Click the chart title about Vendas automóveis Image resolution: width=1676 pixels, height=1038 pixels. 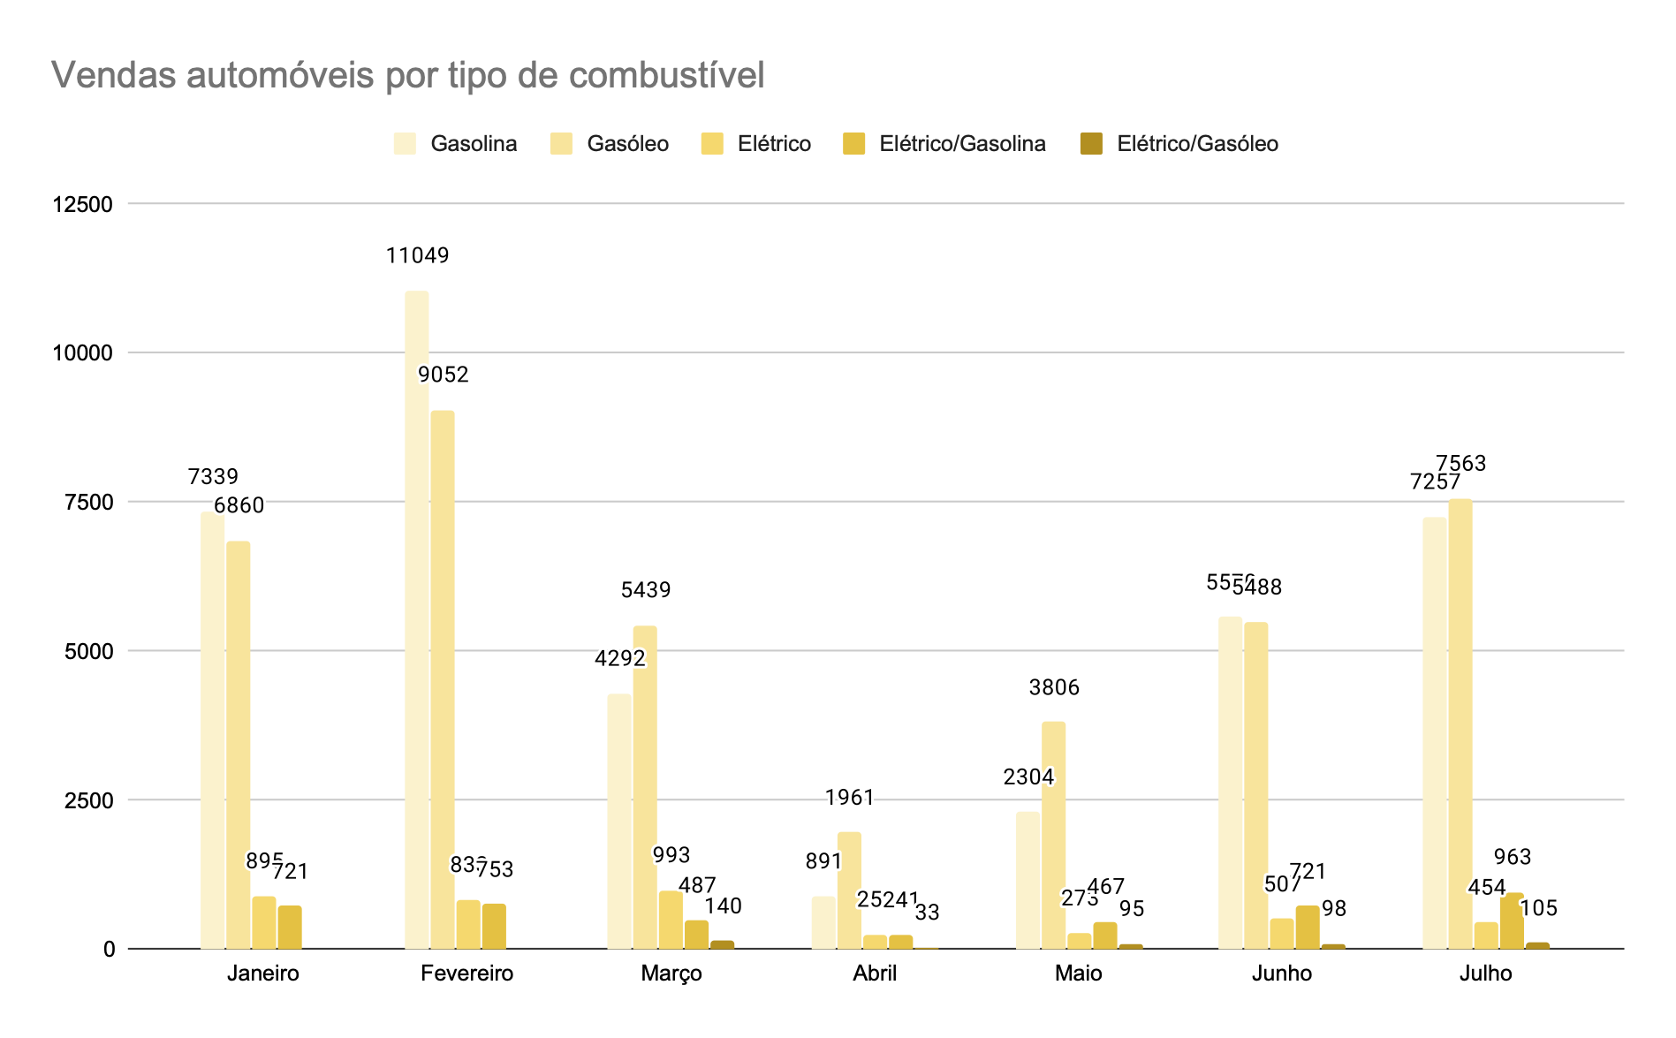coord(407,76)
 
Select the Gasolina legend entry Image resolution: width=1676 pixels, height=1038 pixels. coord(456,144)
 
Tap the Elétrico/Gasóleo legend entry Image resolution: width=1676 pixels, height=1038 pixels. coord(1179,144)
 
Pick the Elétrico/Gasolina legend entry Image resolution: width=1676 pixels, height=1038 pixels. coord(944,144)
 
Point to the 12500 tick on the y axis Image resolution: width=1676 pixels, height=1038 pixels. coord(83,204)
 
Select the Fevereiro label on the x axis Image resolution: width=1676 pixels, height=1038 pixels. coord(466,974)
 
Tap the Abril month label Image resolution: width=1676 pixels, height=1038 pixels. coord(875,974)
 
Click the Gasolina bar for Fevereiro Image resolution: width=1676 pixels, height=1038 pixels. coord(417,618)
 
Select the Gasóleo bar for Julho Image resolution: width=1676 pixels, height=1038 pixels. coord(1460,724)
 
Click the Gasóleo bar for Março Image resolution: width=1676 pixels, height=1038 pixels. coord(645,786)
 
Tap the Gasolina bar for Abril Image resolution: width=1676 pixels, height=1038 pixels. coord(823,922)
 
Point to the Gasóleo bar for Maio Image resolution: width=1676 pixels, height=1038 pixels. coord(1053,835)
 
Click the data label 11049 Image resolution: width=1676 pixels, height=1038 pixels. coord(417,256)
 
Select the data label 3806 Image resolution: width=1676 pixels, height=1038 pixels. coord(1054,687)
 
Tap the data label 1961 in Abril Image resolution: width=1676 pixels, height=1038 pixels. coord(850,798)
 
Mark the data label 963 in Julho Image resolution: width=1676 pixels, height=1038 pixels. coord(1513,857)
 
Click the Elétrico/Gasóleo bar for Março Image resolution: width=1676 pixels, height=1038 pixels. coord(723,944)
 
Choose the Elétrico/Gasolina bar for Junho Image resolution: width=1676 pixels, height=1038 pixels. coord(1308,927)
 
